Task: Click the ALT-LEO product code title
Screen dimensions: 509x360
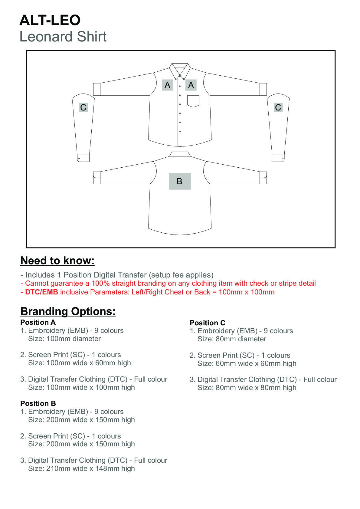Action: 50,20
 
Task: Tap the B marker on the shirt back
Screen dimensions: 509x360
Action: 180,181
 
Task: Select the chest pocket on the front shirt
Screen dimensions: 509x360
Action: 193,101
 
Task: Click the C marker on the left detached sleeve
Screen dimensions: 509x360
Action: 83,107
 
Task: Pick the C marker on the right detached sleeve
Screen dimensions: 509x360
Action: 278,107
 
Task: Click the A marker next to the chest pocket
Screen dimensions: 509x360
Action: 191,85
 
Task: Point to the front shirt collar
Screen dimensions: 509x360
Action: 180,69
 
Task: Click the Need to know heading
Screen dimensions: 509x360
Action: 57,261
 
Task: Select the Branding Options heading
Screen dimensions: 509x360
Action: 68,311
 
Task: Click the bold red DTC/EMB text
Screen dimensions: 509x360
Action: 41,292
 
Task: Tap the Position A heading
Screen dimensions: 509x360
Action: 38,322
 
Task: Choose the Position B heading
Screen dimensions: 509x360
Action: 38,403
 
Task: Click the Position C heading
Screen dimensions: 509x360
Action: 208,323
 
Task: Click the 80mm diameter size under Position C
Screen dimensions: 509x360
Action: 241,339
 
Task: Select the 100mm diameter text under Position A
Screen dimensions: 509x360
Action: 74,339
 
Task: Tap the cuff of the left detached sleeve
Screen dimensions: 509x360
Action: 83,158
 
